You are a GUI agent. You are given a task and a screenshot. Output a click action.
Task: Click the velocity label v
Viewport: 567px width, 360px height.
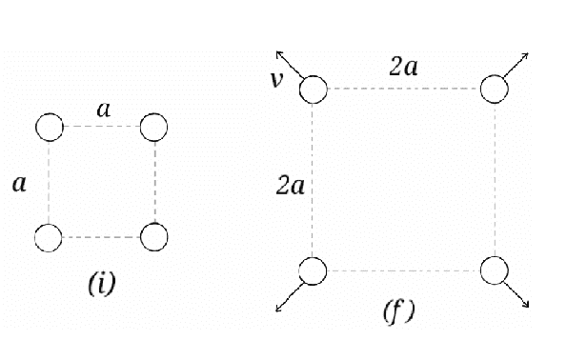pyautogui.click(x=276, y=80)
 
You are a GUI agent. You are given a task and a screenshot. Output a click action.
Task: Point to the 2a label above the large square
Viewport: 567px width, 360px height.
pyautogui.click(x=403, y=67)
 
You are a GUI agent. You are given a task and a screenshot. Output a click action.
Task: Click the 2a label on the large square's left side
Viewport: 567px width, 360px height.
pyautogui.click(x=290, y=186)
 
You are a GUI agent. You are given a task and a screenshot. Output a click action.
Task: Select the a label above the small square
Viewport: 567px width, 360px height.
pyautogui.click(x=104, y=110)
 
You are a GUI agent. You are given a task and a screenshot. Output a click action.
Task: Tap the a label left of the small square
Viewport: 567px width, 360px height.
pyautogui.click(x=19, y=184)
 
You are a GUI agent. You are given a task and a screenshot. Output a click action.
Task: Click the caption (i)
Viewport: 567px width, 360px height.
pyautogui.click(x=102, y=284)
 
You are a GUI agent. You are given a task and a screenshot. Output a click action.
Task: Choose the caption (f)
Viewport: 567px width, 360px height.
pyautogui.click(x=399, y=311)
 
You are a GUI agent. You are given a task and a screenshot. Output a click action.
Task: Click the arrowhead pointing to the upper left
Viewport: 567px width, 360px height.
pyautogui.click(x=279, y=54)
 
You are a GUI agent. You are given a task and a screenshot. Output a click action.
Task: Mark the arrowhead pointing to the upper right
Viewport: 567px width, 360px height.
pyautogui.click(x=525, y=55)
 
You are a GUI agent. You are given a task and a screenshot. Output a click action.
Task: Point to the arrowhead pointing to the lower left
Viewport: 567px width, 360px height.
pyautogui.click(x=279, y=309)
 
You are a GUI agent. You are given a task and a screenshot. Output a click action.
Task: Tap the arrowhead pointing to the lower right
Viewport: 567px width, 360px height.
pyautogui.click(x=526, y=305)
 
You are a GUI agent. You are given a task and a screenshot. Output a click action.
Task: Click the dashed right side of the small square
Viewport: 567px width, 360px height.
pyautogui.click(x=154, y=182)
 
